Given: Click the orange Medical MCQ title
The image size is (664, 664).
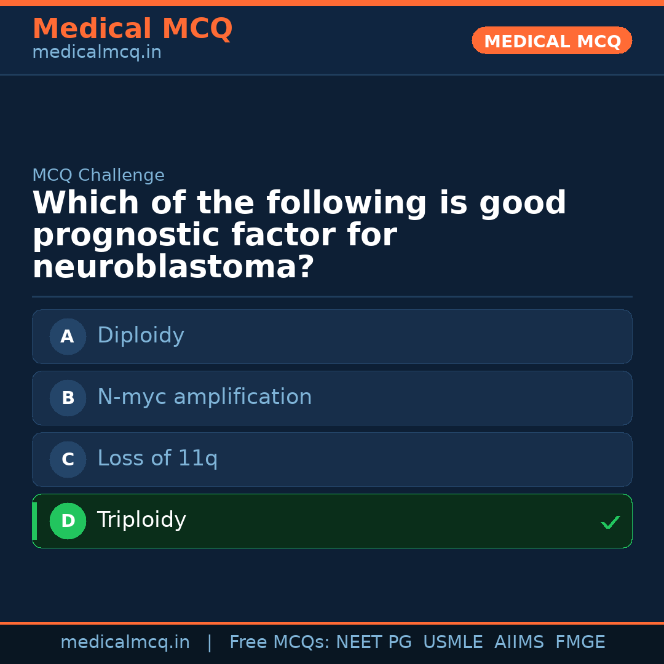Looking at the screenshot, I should pyautogui.click(x=132, y=29).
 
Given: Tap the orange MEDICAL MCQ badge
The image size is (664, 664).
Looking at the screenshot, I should pyautogui.click(x=551, y=41).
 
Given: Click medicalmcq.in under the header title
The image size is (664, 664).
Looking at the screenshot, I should pyautogui.click(x=97, y=53).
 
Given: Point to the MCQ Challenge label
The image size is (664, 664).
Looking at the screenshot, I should pyautogui.click(x=98, y=175).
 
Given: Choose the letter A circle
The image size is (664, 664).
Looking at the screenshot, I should pyautogui.click(x=68, y=336).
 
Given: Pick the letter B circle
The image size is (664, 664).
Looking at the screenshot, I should pyautogui.click(x=68, y=398).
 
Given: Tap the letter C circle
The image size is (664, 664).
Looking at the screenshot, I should pyautogui.click(x=68, y=459).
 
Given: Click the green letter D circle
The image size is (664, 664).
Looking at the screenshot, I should pyautogui.click(x=68, y=521).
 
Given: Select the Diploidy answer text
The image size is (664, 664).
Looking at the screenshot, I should pyautogui.click(x=141, y=336).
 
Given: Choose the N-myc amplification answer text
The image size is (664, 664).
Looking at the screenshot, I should pyautogui.click(x=204, y=397).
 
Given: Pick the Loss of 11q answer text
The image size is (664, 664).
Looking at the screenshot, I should pyautogui.click(x=157, y=459).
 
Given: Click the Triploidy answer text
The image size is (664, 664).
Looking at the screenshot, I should pyautogui.click(x=141, y=520).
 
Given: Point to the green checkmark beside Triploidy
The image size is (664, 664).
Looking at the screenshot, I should pyautogui.click(x=610, y=522).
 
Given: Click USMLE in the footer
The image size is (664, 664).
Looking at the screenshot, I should pyautogui.click(x=453, y=642).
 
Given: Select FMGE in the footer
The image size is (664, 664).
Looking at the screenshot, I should pyautogui.click(x=580, y=642).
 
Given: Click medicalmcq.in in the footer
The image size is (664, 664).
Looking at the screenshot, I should pyautogui.click(x=125, y=642).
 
